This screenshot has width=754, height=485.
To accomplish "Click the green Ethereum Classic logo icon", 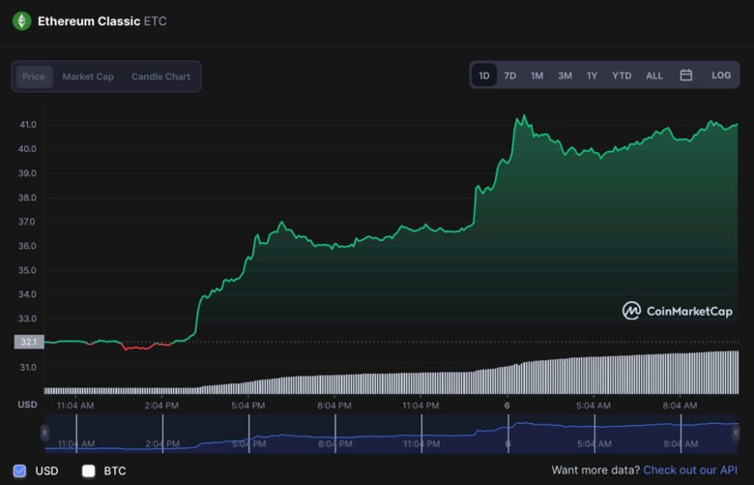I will point(21,21).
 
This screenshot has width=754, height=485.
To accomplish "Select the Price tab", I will point(34,76).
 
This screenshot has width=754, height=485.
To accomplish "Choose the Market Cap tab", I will point(88,76).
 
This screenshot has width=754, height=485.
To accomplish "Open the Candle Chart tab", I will point(160,76).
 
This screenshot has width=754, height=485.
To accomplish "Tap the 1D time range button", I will point(484,76).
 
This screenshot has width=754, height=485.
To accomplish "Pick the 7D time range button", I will point(509,76).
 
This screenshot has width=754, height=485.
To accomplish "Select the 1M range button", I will point(536,76).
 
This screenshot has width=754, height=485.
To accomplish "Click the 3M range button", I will point(565,76).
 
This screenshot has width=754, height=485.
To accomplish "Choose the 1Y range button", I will point(592,76).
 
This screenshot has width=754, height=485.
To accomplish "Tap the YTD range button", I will point(622,76).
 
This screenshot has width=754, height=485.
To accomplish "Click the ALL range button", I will point(654,76).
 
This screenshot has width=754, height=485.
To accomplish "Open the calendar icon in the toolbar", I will point(686,76).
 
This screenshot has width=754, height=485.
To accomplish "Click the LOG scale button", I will point(721,76).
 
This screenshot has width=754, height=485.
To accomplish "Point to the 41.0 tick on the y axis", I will point(27,125).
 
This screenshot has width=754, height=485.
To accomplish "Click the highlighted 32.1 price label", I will point(28,342).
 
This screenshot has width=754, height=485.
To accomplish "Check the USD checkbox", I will point(20,471).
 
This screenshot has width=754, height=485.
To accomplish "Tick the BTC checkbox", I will point(89,471).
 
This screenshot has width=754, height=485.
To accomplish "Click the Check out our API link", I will point(690,470).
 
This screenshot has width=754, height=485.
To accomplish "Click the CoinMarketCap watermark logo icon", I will point(631,311).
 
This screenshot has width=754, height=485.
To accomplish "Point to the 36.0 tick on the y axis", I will point(27,246).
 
